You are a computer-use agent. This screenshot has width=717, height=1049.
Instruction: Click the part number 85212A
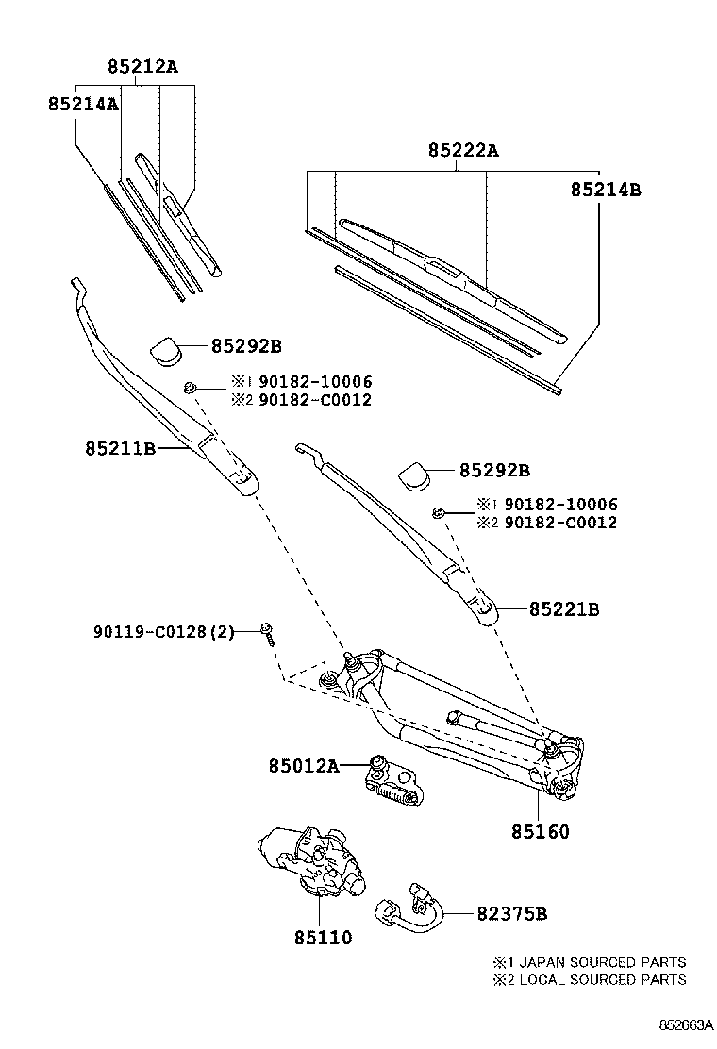pos(142,67)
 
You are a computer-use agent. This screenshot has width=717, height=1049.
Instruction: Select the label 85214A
pos(83,104)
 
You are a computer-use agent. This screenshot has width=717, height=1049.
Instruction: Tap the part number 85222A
pos(462,150)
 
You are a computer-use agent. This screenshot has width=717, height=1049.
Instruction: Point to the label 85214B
pos(605,189)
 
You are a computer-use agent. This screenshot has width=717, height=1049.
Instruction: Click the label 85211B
pos(119,449)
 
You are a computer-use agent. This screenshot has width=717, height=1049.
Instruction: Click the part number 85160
pos(541,832)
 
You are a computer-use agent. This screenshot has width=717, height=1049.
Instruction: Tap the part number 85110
pos(322,938)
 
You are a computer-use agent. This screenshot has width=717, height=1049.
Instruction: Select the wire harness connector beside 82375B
pos(411,909)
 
